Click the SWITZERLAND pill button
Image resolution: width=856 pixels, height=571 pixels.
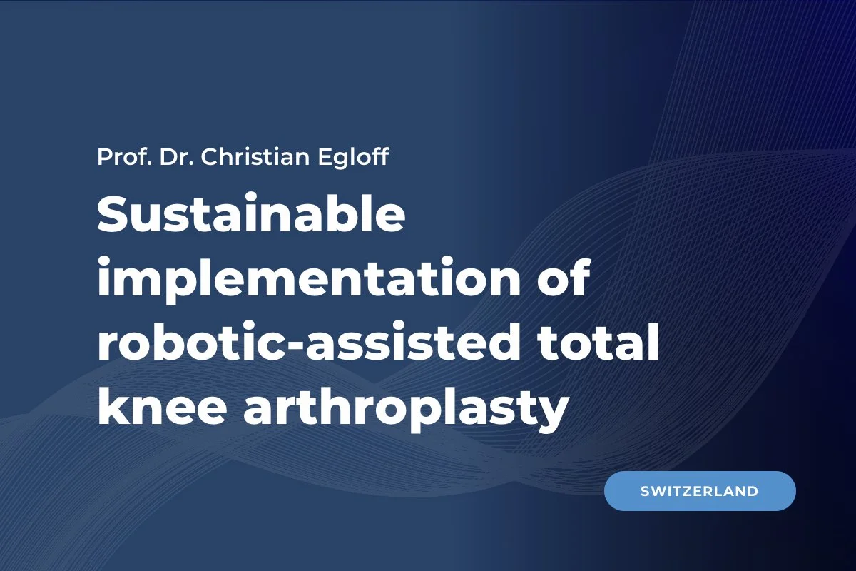coord(699,491)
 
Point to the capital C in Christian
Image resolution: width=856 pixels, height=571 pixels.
coord(210,157)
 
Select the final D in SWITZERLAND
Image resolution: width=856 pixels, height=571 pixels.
coord(752,491)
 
